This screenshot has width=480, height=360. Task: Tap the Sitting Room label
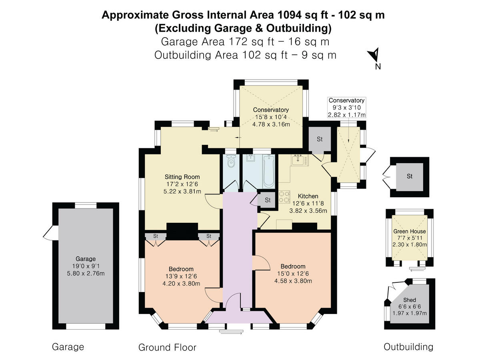[182, 176]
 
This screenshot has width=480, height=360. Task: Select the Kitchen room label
[308, 196]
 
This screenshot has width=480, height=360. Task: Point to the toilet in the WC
[230, 162]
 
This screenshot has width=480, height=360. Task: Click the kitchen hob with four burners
[284, 196]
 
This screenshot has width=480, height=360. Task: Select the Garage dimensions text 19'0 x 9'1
[86, 266]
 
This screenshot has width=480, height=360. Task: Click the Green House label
[409, 231]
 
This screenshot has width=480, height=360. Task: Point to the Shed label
[409, 300]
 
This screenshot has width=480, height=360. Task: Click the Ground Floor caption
[167, 347]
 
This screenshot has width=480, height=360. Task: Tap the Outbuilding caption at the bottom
[408, 346]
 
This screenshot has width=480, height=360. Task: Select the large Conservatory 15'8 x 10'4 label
[271, 110]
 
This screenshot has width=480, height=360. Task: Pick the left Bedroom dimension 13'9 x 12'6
[182, 276]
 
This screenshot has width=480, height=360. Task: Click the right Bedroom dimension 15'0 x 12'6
[293, 274]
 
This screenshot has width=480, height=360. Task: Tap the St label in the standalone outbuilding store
[409, 176]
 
